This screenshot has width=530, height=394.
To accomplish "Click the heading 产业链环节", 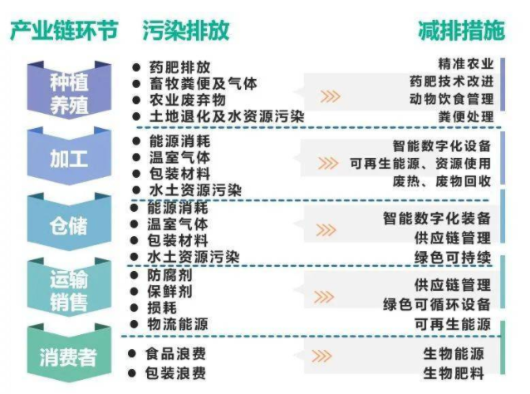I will (x=63, y=32).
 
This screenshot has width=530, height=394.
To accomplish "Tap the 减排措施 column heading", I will (x=461, y=32).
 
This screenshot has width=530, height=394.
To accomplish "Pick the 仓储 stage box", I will (x=69, y=225).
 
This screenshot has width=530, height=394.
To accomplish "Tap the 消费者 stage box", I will (x=69, y=357).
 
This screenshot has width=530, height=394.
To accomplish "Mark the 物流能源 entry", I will (x=178, y=323).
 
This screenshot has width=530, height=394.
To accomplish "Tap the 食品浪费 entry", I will (x=178, y=354).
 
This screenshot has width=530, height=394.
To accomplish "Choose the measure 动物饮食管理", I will (x=452, y=99).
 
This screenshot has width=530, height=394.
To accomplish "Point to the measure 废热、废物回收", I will (x=454, y=180).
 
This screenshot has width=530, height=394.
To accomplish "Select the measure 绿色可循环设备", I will (x=437, y=303).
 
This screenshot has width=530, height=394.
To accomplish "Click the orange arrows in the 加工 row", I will (x=328, y=163).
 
